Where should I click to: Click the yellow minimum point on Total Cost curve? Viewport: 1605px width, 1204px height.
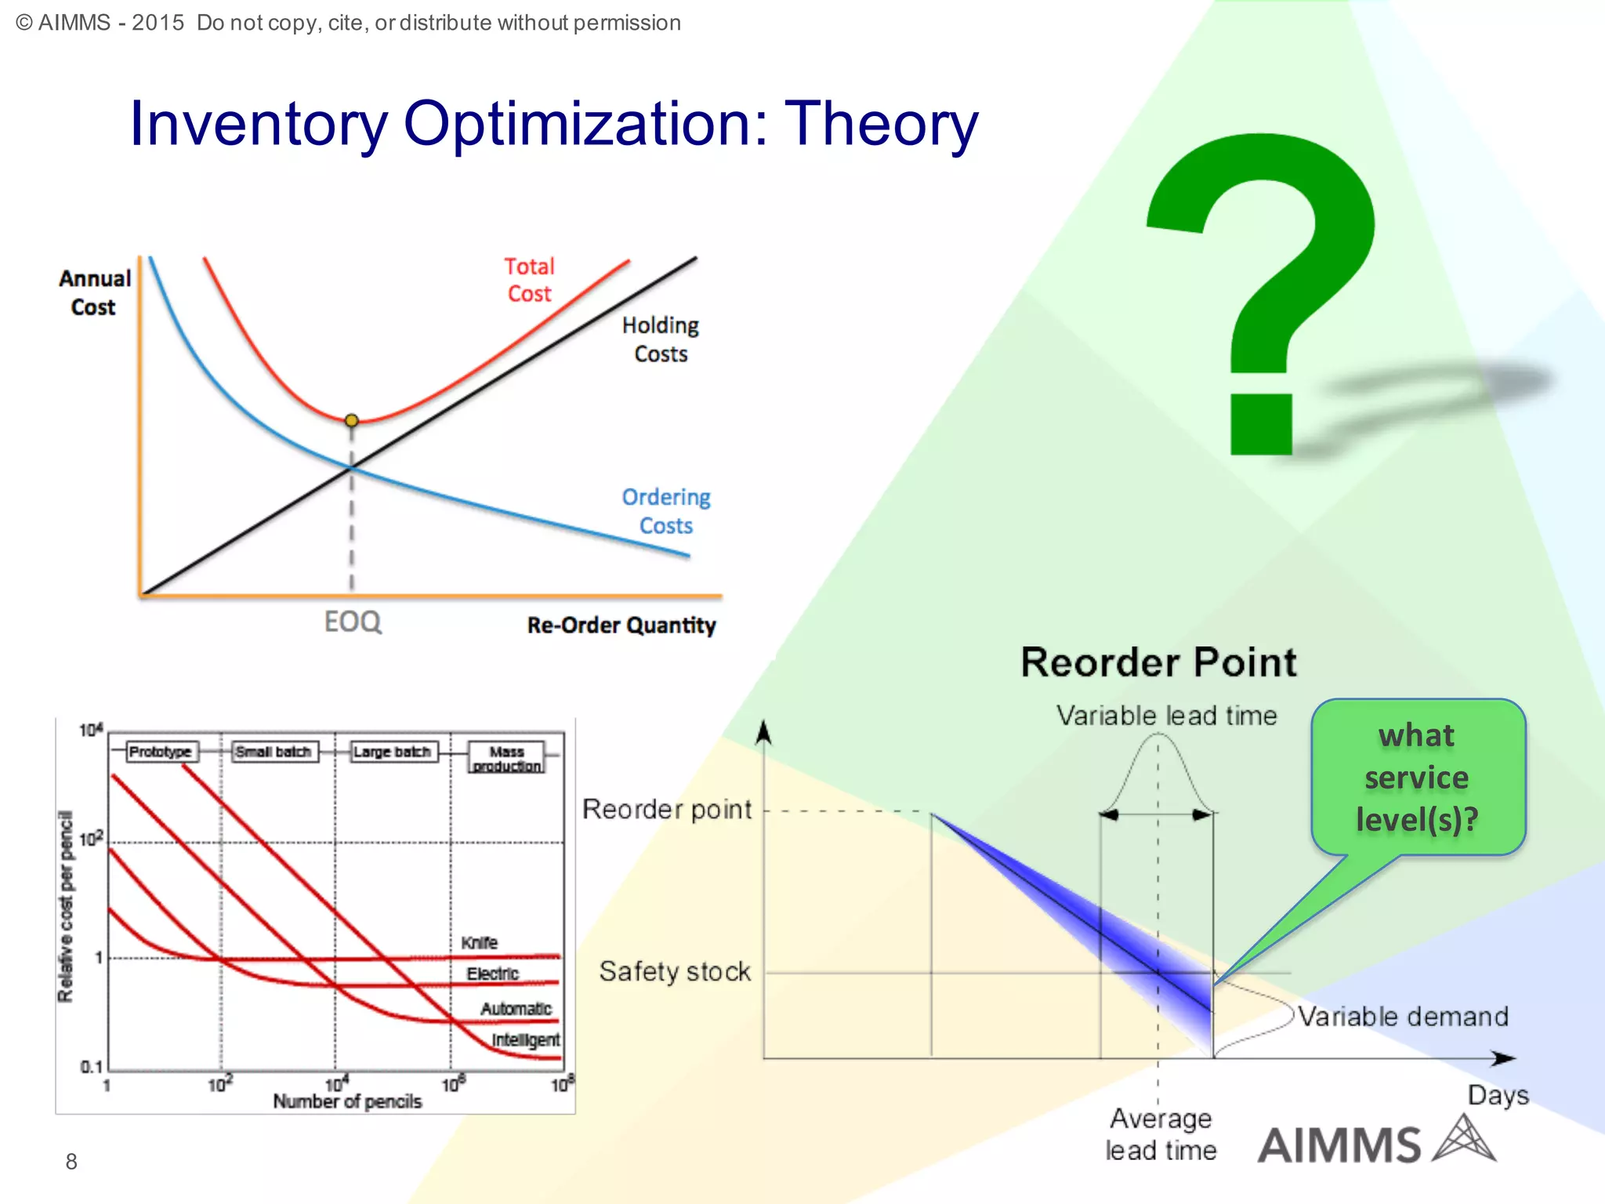pyautogui.click(x=352, y=421)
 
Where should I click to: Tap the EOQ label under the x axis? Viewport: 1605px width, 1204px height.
pyautogui.click(x=353, y=622)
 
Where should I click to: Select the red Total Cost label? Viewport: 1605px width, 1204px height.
pyautogui.click(x=530, y=280)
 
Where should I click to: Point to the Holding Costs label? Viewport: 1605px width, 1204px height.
pyautogui.click(x=661, y=339)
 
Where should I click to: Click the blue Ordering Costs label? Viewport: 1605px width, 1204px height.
pyautogui.click(x=666, y=511)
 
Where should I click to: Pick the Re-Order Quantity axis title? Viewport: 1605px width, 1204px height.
pyautogui.click(x=621, y=626)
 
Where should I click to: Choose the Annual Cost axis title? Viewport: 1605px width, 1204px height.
pyautogui.click(x=95, y=292)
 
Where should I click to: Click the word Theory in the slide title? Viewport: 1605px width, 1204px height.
pyautogui.click(x=882, y=124)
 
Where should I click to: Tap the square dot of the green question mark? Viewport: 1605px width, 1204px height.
pyautogui.click(x=1261, y=424)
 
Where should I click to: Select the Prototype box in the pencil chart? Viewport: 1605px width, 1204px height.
pyautogui.click(x=160, y=752)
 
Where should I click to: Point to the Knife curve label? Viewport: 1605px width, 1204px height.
pyautogui.click(x=479, y=943)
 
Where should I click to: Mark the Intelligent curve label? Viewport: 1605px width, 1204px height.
pyautogui.click(x=525, y=1040)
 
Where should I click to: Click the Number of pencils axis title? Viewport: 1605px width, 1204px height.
pyautogui.click(x=347, y=1101)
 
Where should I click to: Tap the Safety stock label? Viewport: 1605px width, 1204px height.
pyautogui.click(x=675, y=972)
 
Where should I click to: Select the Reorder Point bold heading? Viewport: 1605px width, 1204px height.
pyautogui.click(x=1158, y=662)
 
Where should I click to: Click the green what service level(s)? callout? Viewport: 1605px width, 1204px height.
pyautogui.click(x=1418, y=778)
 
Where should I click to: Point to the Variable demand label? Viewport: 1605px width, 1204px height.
pyautogui.click(x=1403, y=1017)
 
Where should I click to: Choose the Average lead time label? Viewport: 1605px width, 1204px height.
pyautogui.click(x=1161, y=1134)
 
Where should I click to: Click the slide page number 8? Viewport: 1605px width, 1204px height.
pyautogui.click(x=71, y=1162)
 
